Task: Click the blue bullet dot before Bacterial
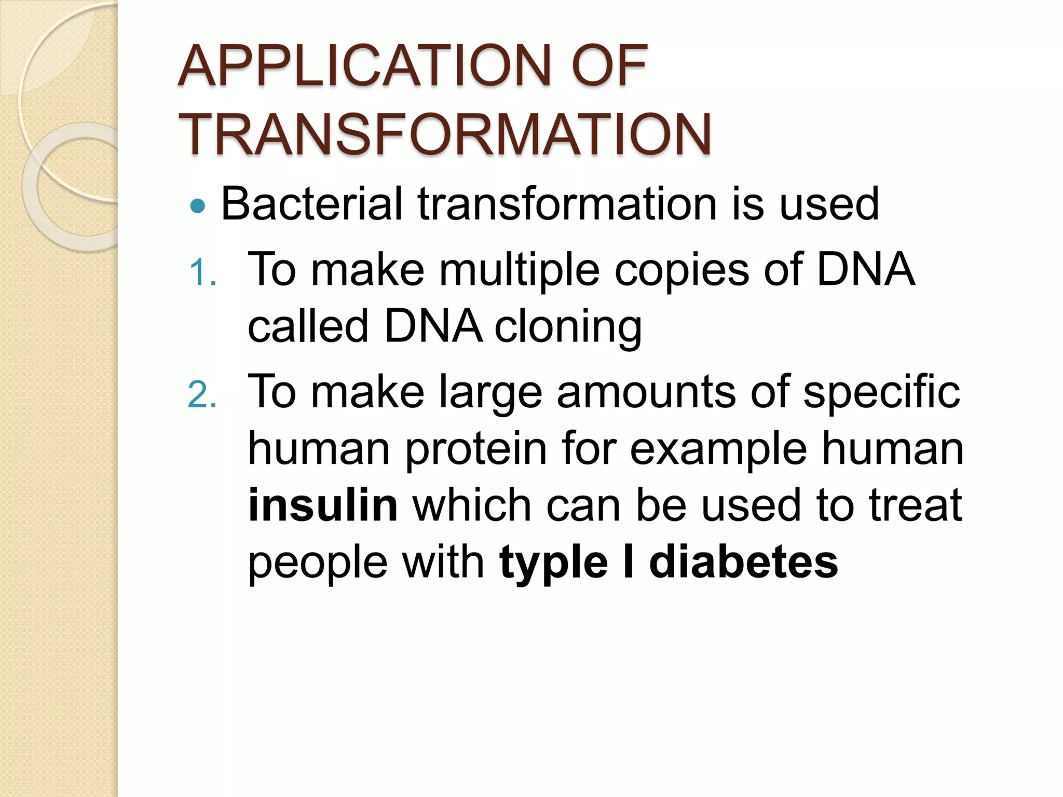click(198, 207)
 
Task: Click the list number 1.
click(201, 272)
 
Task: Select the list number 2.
click(201, 395)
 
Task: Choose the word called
click(308, 327)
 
